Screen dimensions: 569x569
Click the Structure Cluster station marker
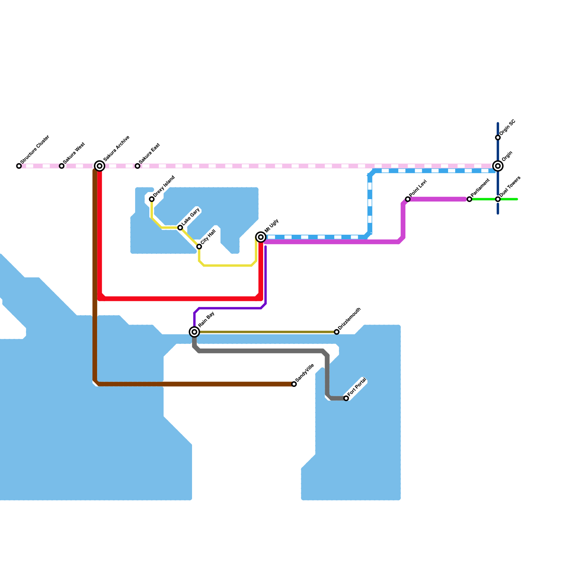pos(19,166)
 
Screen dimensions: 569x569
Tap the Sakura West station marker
pos(62,166)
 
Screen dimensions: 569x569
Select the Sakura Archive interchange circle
pos(100,166)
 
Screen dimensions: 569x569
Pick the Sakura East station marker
pos(138,166)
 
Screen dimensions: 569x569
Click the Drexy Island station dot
pos(152,199)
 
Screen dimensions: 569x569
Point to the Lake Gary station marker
pos(180,228)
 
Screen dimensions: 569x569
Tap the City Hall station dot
pos(199,246)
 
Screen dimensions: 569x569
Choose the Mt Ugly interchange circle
pos(261,237)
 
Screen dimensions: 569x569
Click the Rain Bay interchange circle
pos(195,332)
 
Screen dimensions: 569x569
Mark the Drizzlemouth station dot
pos(337,332)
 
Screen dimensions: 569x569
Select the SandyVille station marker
pos(294,384)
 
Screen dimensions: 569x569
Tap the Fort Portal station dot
pos(346,398)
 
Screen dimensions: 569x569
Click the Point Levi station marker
pos(408,199)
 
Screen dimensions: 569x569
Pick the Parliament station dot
pos(469,199)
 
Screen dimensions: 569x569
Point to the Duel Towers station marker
pos(498,199)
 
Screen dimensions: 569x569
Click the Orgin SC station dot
pos(498,138)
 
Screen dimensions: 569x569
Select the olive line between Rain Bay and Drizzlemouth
pos(266,332)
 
